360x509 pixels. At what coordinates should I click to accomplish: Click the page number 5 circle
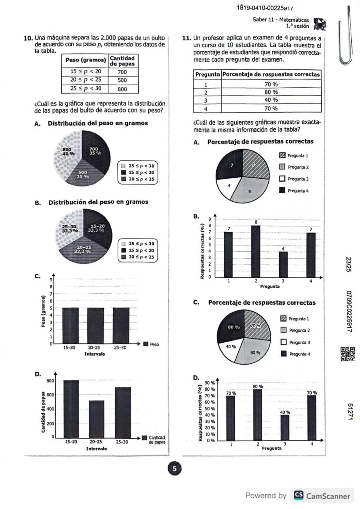point(174,469)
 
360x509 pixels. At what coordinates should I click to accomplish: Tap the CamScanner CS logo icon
point(299,495)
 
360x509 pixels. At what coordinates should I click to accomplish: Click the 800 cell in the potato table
point(122,89)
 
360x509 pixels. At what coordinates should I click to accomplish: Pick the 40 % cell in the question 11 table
point(271,100)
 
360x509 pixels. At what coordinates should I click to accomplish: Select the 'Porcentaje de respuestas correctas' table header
point(271,74)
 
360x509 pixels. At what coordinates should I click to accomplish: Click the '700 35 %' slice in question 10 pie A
point(97,153)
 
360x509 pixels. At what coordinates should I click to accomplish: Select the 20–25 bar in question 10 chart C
point(95,325)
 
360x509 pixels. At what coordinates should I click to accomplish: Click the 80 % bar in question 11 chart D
point(257,415)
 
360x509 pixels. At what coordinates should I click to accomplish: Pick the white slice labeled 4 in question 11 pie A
point(229,187)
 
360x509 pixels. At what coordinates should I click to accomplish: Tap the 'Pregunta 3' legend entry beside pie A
point(294,179)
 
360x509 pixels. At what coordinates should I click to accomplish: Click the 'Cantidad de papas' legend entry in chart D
point(153,439)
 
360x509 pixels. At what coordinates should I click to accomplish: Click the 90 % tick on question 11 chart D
point(210,383)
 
